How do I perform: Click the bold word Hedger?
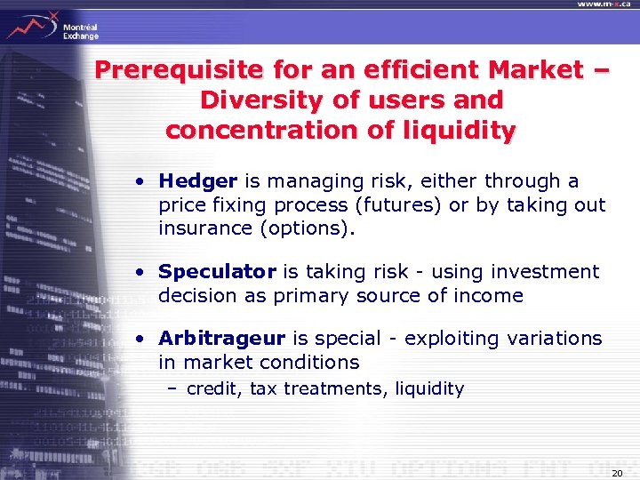click(197, 181)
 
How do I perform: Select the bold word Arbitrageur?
click(221, 339)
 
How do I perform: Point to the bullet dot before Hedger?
click(141, 182)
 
